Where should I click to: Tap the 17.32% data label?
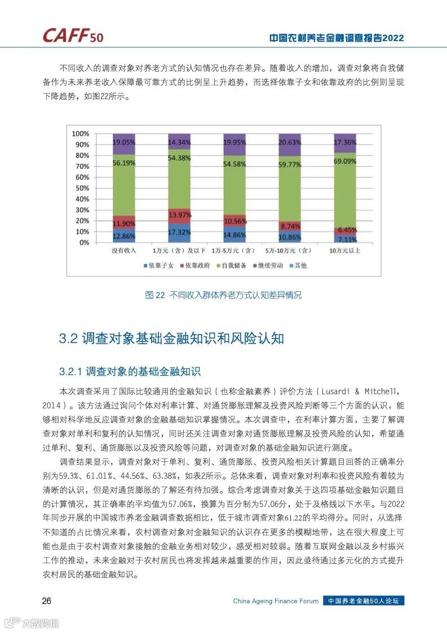coord(179,232)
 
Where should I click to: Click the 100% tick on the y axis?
coord(81,133)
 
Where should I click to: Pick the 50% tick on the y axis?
coord(82,188)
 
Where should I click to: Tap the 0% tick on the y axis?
coord(84,243)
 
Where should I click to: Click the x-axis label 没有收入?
coord(123,251)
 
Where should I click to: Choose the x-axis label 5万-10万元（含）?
coord(289,251)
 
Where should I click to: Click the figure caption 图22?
coord(154,295)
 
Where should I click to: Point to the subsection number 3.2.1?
coord(71,372)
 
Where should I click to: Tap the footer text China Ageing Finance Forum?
coord(276,601)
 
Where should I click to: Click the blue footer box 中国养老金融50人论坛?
coord(364,601)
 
